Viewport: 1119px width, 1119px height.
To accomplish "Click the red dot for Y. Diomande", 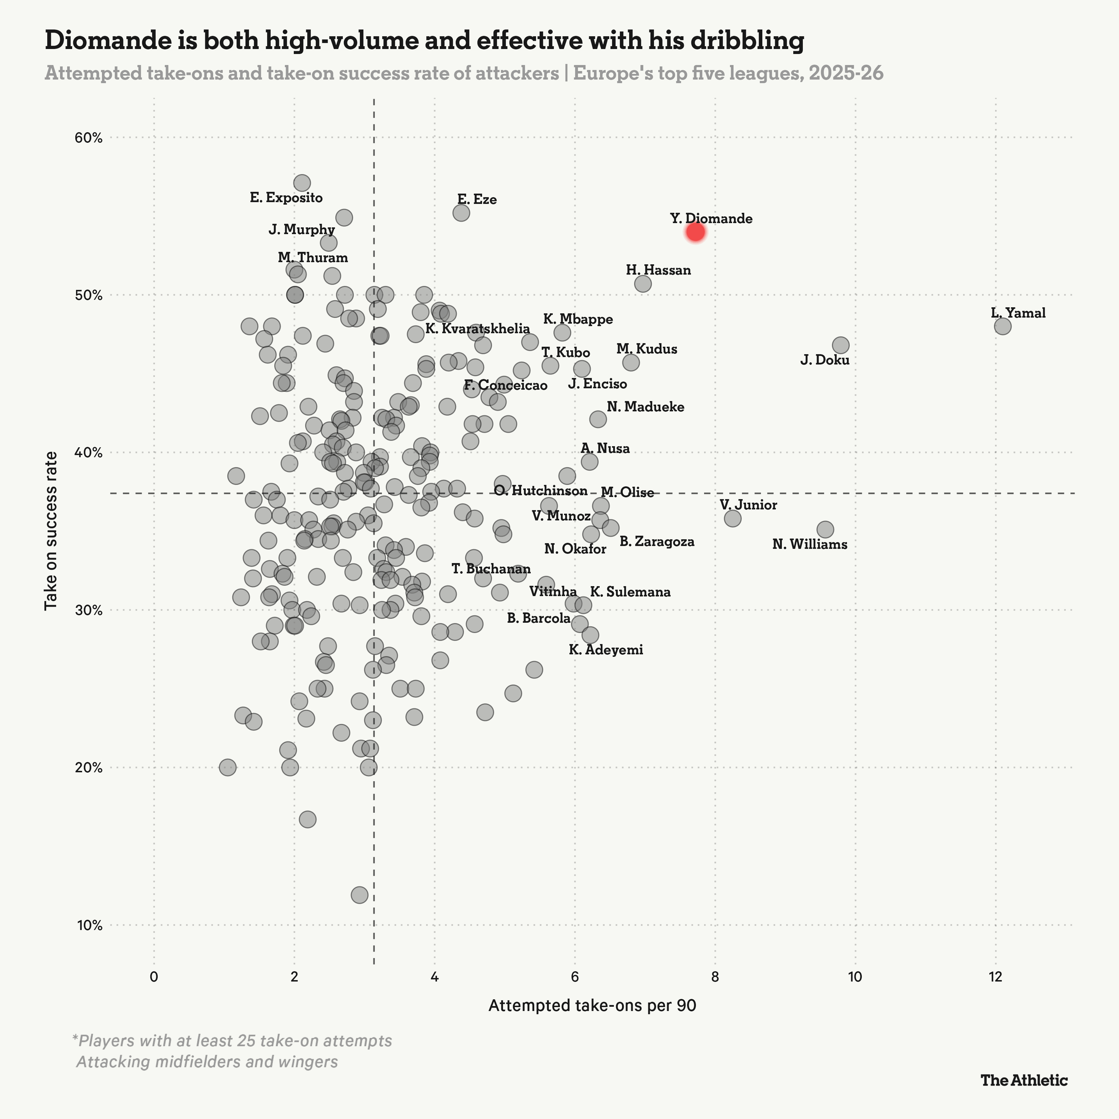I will coord(695,232).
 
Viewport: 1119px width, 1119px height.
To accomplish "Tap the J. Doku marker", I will coord(840,345).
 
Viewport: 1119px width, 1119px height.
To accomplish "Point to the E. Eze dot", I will coord(461,212).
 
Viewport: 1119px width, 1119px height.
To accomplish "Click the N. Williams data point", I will coord(825,529).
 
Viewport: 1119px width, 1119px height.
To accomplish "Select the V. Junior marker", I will coord(733,518).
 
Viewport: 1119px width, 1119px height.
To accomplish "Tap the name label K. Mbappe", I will coord(578,319).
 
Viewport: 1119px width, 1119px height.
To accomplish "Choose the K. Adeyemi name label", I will coord(605,650).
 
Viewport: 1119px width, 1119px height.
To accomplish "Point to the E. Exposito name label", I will coord(286,198).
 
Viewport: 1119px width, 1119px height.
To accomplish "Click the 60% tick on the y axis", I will coord(88,138).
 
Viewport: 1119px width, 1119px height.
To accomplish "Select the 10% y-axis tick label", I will coord(88,925).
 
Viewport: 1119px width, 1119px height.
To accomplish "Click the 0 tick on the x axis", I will coord(153,977).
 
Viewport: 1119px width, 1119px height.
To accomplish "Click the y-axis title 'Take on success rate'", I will coord(51,530).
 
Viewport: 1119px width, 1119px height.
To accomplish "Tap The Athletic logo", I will coord(1023,1080).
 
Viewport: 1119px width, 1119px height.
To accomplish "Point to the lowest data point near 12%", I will coord(359,895).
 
